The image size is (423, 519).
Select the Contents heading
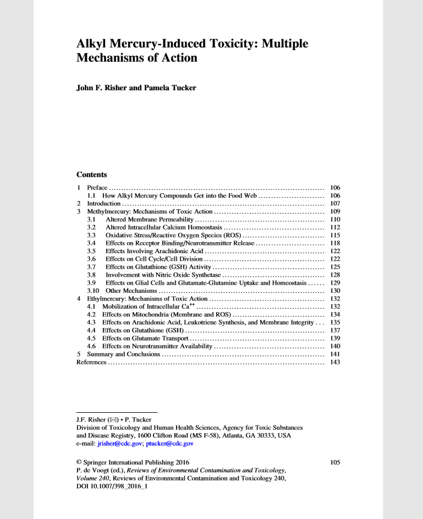91,174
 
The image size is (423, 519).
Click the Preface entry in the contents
97,188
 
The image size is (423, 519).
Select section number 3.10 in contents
94,290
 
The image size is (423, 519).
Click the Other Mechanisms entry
131,290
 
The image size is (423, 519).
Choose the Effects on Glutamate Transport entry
145,338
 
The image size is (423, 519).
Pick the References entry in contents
91,362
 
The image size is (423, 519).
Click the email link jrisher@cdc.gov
119,443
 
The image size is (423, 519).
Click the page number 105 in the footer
335,462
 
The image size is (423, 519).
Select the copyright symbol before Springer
79,462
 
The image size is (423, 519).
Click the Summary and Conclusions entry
124,354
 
